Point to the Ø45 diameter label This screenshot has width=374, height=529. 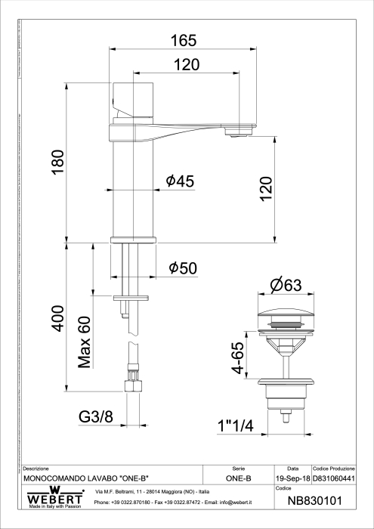[x=180, y=181]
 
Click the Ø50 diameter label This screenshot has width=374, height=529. [x=183, y=268]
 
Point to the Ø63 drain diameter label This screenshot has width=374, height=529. [x=285, y=286]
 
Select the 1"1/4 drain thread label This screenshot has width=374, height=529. [x=235, y=425]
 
